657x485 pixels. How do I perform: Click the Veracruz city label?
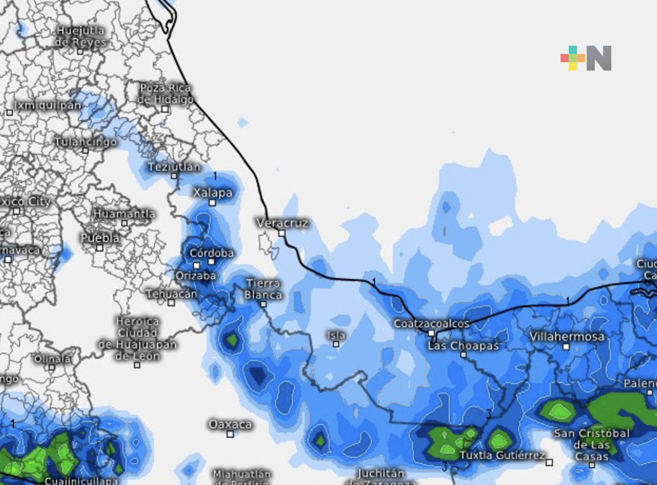tap(282, 223)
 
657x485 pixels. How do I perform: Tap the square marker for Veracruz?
tap(282, 233)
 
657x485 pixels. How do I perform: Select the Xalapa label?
tap(213, 193)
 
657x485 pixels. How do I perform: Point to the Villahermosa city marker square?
tap(566, 347)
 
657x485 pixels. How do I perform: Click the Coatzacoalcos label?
tap(432, 323)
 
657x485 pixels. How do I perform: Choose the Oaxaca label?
tap(230, 424)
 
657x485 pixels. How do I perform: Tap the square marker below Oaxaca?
tap(230, 434)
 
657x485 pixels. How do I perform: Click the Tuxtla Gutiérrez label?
tap(502, 455)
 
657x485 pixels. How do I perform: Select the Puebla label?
tap(100, 237)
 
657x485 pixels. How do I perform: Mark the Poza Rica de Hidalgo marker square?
tap(165, 109)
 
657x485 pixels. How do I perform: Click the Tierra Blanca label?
tap(263, 289)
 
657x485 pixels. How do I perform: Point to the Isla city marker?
tap(336, 344)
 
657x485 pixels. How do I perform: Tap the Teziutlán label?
tap(174, 166)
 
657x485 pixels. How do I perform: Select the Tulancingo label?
tap(86, 142)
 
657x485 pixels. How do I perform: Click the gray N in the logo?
tap(599, 58)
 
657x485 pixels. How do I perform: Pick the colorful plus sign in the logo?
tap(573, 58)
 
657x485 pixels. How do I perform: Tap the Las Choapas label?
tap(463, 346)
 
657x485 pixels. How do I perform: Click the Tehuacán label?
tap(172, 294)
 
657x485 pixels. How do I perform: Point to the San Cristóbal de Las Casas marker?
tap(592, 465)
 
